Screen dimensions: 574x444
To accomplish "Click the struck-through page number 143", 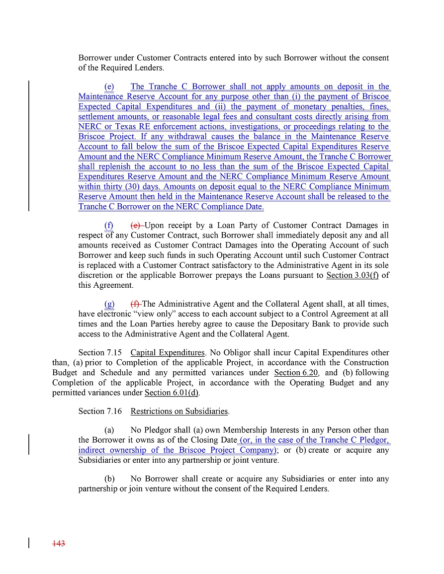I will (x=59, y=544).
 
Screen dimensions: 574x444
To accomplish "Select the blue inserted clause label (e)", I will (x=109, y=86).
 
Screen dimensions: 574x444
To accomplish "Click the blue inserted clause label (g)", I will (x=109, y=304).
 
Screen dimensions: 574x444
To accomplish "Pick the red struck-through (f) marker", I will (x=135, y=304).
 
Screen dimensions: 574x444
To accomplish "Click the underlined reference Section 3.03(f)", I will (x=352, y=275).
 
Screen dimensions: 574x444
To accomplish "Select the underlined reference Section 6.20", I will (x=296, y=373).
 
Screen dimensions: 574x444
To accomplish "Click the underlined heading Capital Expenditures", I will (x=167, y=353).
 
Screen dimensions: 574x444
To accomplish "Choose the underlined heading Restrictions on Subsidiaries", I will (x=179, y=411).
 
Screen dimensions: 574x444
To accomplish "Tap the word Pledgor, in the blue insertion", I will (x=374, y=440).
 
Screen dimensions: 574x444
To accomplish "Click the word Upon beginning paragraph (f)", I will (x=154, y=226).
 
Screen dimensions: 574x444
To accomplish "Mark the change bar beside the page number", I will (x=29, y=543).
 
